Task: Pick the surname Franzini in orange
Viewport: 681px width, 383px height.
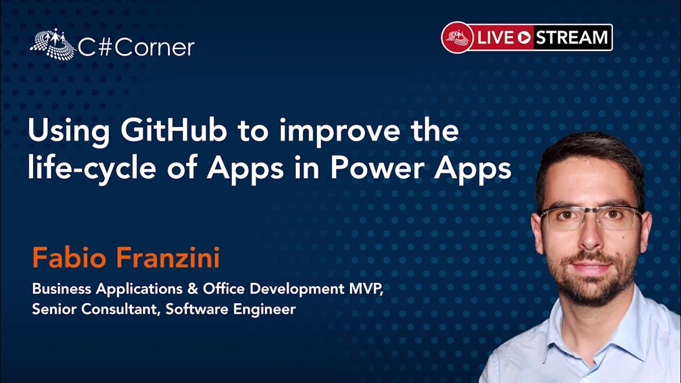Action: point(168,259)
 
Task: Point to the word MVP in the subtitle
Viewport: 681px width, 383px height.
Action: point(364,289)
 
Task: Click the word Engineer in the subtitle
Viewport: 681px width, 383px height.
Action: point(268,309)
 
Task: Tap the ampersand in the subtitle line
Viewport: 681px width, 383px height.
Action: point(192,289)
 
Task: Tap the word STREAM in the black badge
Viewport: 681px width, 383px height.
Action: point(571,38)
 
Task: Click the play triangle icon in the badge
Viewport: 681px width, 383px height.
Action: point(524,38)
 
